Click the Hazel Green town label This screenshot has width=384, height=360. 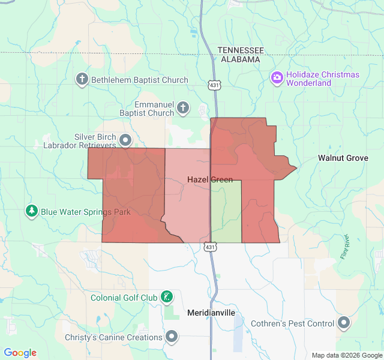coord(210,179)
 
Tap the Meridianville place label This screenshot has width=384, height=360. coord(211,313)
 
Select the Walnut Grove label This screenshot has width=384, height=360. coord(343,158)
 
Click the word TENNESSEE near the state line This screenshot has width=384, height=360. coord(241,50)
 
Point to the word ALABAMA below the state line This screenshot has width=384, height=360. coord(240,59)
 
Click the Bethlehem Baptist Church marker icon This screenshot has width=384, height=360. coord(82,79)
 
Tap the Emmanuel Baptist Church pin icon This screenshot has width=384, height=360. coord(183,109)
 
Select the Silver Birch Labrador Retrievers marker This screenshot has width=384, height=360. coord(125,140)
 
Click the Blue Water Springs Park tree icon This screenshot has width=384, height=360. coord(31,211)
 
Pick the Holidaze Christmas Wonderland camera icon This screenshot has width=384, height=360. coord(277,77)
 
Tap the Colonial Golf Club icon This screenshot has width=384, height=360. coord(167,296)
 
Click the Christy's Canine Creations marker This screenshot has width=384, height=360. coord(172,337)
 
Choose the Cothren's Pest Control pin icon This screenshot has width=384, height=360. coord(344,323)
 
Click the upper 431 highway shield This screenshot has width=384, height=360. coord(213,86)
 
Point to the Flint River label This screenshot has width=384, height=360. coord(345,247)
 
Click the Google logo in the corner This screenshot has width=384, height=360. coord(20,353)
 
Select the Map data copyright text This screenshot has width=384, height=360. coord(346,355)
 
